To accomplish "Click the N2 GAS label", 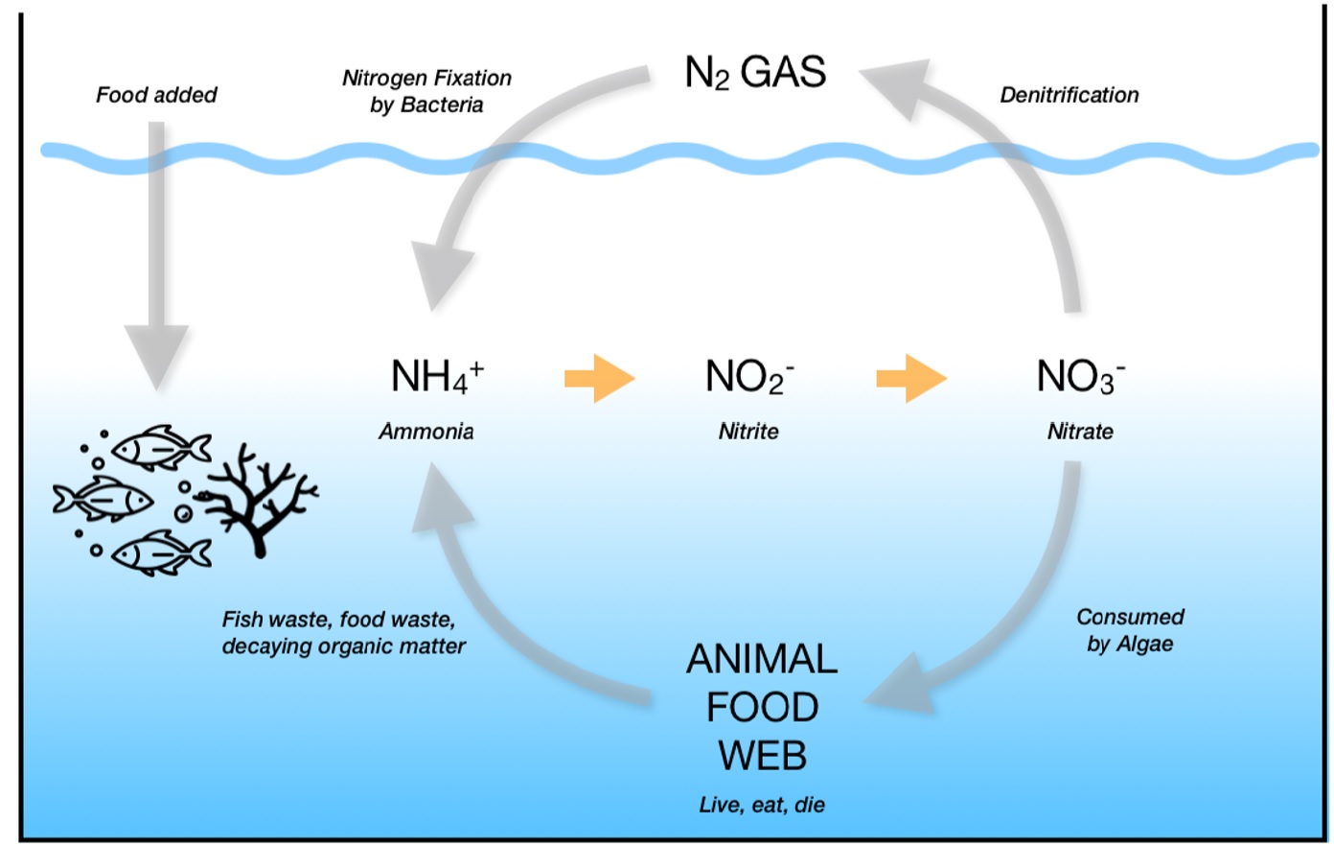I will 755,73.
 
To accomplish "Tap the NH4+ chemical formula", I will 437,376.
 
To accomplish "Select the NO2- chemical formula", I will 749,376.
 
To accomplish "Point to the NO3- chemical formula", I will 1080,376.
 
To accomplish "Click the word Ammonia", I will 426,432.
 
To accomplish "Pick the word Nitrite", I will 748,432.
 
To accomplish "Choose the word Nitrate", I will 1080,432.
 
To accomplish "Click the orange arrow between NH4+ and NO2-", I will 600,378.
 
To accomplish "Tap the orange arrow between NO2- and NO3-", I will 911,378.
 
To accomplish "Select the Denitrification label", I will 1069,95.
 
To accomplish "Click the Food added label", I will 156,95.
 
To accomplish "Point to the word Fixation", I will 470,78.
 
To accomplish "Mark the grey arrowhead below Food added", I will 156,355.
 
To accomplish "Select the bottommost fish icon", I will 161,552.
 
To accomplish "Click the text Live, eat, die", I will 762,805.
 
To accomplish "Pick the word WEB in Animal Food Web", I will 763,756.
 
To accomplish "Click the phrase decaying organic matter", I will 344,646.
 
